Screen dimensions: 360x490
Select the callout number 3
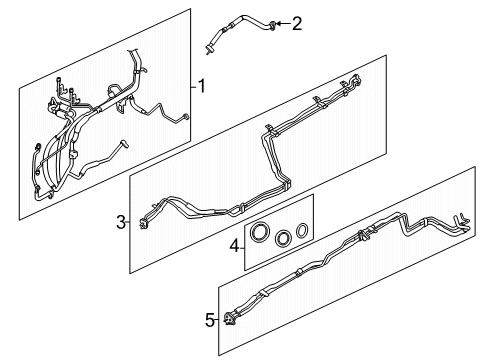119,222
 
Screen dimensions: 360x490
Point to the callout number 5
210,320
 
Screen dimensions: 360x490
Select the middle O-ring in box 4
283,238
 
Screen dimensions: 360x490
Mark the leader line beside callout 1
191,87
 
